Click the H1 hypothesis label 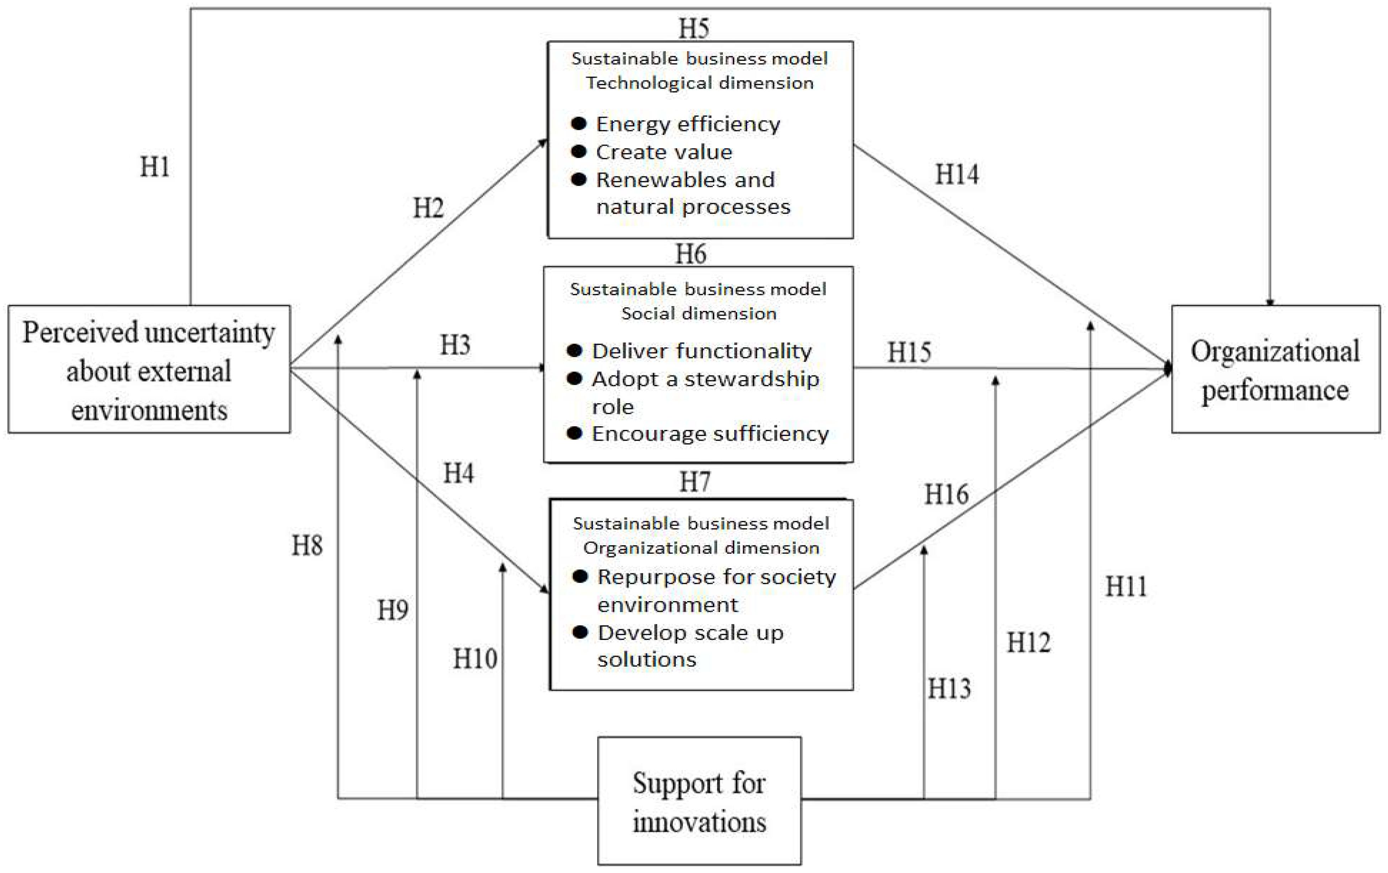[x=155, y=167]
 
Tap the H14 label [x=956, y=174]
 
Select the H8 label [x=307, y=545]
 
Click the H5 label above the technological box [x=693, y=28]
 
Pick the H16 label [x=946, y=494]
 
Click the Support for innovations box [x=699, y=801]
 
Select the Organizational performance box [x=1275, y=369]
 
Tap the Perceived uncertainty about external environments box [x=149, y=369]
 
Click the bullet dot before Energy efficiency [x=579, y=123]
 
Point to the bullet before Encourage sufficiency [x=574, y=433]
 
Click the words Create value [x=664, y=152]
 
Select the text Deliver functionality [x=701, y=351]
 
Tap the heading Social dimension [x=699, y=314]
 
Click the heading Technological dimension [x=700, y=83]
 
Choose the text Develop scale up [x=690, y=633]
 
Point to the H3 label [x=455, y=345]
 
